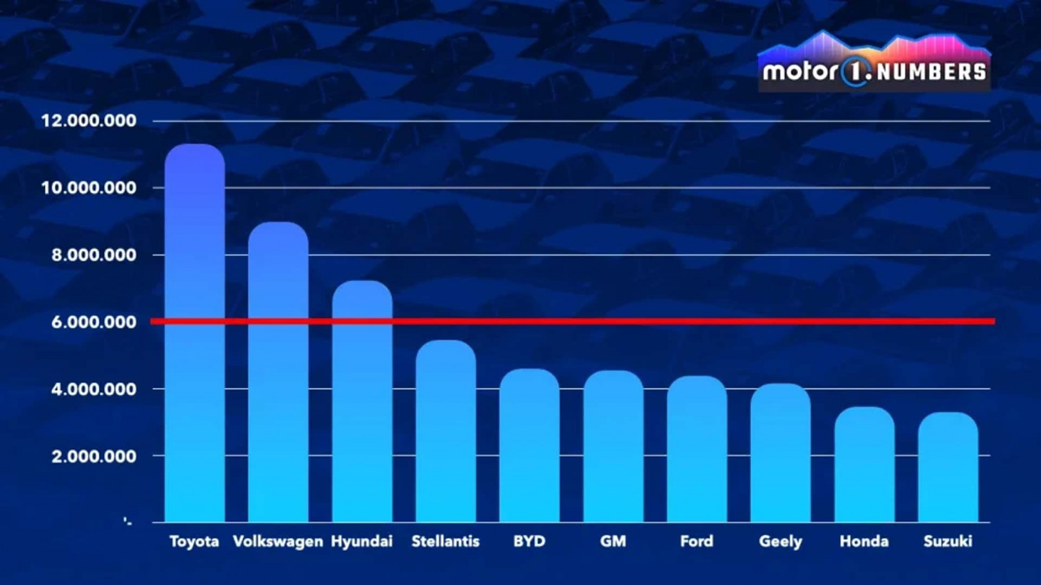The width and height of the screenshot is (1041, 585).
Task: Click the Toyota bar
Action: click(194, 333)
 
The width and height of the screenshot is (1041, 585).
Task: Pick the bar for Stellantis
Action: click(446, 431)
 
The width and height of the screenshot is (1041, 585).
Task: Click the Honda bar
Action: click(864, 464)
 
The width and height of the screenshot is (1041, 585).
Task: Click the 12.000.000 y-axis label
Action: click(89, 121)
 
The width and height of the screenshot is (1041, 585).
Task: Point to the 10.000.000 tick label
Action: click(89, 188)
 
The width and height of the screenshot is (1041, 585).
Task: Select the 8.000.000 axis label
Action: click(94, 255)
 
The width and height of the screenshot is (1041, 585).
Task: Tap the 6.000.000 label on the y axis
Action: click(94, 322)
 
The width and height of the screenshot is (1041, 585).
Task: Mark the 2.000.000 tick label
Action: click(94, 457)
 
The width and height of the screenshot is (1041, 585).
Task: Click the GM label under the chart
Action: click(613, 541)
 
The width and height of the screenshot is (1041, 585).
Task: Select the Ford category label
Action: click(697, 541)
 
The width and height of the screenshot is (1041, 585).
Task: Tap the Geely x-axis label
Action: click(781, 541)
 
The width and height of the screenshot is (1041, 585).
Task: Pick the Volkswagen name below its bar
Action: click(278, 541)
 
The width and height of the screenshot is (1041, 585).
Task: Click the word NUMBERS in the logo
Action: click(931, 71)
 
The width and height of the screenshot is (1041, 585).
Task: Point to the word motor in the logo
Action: click(800, 71)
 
